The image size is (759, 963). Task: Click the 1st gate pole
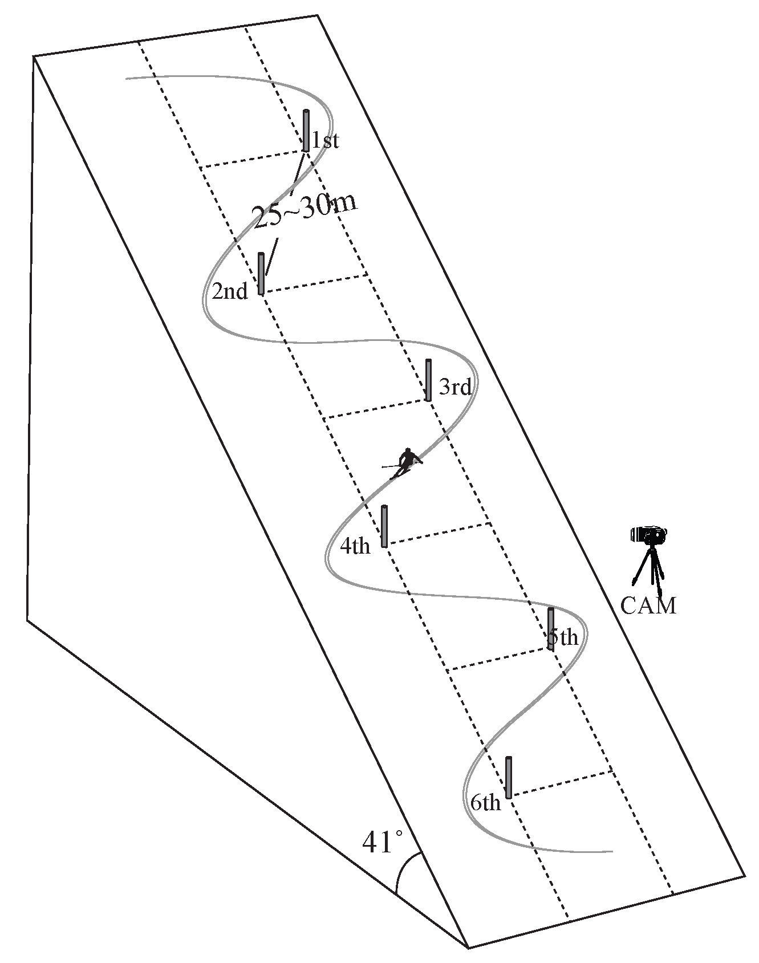click(306, 130)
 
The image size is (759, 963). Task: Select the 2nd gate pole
click(261, 274)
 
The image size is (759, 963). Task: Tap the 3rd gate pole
click(428, 380)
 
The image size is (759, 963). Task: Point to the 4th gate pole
click(384, 526)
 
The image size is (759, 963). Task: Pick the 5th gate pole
click(551, 629)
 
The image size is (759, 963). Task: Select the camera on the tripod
click(649, 535)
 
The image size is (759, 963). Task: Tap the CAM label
click(648, 606)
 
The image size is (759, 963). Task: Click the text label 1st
click(326, 140)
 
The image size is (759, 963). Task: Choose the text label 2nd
click(230, 291)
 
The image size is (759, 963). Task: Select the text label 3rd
click(455, 388)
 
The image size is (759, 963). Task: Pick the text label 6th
click(485, 803)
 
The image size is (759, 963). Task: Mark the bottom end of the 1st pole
click(306, 150)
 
